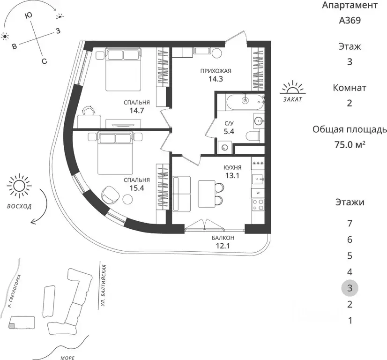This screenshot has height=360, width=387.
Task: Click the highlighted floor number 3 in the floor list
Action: pos(350,288)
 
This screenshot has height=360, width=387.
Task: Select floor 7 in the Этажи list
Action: pos(350,224)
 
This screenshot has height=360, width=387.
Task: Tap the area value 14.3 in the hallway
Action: pos(216,79)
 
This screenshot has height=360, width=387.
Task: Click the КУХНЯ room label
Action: pos(232,168)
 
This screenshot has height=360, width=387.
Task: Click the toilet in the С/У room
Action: pos(253,136)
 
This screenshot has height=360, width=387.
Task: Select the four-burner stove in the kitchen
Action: pos(258,204)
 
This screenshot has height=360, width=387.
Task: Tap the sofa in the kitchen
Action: pos(181,193)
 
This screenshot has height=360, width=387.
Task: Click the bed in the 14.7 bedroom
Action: pos(123,69)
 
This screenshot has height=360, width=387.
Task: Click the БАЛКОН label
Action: pos(223,238)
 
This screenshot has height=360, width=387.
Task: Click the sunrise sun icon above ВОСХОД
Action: pos(19,186)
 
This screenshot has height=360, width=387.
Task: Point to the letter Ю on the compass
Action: pos(29,15)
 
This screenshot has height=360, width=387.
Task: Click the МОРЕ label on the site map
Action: pos(67,358)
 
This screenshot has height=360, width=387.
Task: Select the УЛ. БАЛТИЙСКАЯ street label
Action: pos(104,285)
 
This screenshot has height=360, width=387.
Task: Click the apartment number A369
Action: pos(350,20)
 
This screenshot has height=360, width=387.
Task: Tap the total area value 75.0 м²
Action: pos(350,144)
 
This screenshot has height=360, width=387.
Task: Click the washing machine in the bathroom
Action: pos(224,147)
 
